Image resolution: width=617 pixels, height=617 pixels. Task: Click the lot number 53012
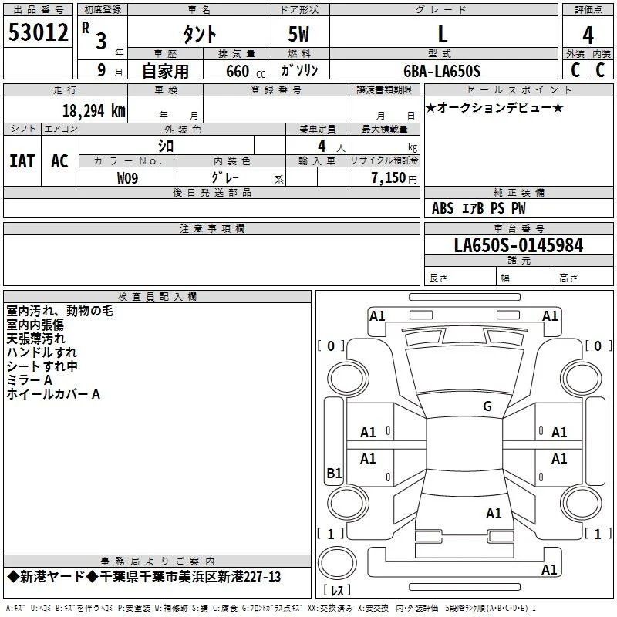tap(38, 32)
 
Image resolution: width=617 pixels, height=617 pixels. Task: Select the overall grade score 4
tap(588, 35)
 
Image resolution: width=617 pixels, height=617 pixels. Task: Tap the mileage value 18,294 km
tap(93, 111)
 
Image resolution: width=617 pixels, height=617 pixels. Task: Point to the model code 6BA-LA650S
tap(442, 71)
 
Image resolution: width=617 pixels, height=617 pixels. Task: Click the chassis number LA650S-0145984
tap(518, 245)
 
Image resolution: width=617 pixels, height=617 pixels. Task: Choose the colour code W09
tap(127, 178)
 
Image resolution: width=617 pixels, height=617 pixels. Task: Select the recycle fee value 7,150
tap(389, 178)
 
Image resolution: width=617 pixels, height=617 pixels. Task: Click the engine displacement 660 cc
tap(245, 71)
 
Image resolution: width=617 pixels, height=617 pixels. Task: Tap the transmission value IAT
tap(22, 161)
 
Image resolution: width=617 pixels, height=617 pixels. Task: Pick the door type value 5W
tap(298, 34)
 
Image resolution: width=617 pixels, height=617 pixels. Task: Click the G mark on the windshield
tap(487, 406)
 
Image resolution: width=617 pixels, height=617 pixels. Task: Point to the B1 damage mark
tap(334, 473)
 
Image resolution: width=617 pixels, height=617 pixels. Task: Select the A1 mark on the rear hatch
tap(494, 514)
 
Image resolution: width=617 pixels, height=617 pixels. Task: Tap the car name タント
tap(200, 34)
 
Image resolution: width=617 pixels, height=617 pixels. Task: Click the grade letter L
tap(443, 34)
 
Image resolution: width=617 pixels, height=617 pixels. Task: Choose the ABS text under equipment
tap(443, 208)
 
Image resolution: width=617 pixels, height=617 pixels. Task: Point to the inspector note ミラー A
tap(29, 380)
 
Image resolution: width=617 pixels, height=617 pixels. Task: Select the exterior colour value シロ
tap(166, 146)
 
